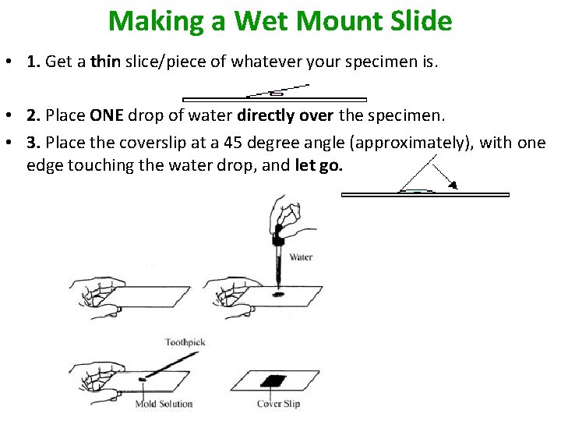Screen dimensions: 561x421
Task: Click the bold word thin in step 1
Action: [104, 62]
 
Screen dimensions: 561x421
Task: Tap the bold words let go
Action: [319, 165]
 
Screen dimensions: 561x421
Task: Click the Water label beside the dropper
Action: [301, 256]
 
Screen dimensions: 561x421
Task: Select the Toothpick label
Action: [185, 342]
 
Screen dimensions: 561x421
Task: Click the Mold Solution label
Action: [164, 404]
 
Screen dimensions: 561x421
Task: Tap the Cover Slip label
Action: [278, 404]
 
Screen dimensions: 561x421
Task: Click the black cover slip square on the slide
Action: [273, 381]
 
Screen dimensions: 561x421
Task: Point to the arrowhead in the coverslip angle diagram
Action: [452, 184]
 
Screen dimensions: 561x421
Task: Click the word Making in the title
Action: [155, 20]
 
